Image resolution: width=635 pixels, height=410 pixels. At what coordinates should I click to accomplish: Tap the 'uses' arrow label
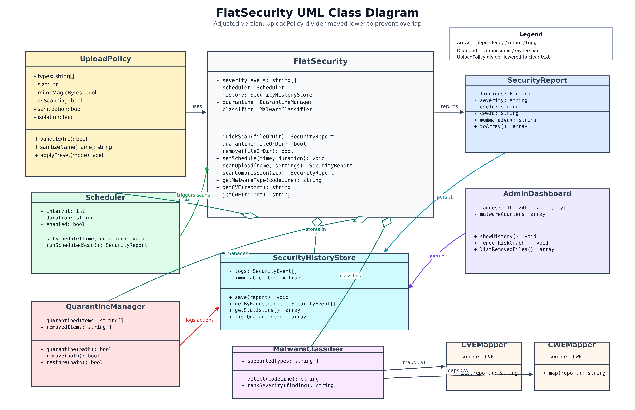coord(196,106)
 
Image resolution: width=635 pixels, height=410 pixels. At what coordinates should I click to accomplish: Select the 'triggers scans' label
coord(193,195)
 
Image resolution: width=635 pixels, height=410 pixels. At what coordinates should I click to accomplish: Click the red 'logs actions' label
coord(200,320)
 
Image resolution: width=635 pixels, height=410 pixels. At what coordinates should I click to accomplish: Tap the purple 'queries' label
coord(436,256)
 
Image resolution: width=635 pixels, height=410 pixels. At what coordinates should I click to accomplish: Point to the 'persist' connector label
coord(444,197)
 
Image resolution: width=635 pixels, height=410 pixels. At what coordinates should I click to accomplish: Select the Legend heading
coord(531,34)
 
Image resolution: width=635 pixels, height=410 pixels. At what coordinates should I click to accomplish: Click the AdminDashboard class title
coord(537,194)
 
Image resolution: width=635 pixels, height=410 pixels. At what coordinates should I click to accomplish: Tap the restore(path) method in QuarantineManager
coord(71,362)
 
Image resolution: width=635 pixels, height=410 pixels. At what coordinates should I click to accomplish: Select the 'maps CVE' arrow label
coord(414,363)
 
